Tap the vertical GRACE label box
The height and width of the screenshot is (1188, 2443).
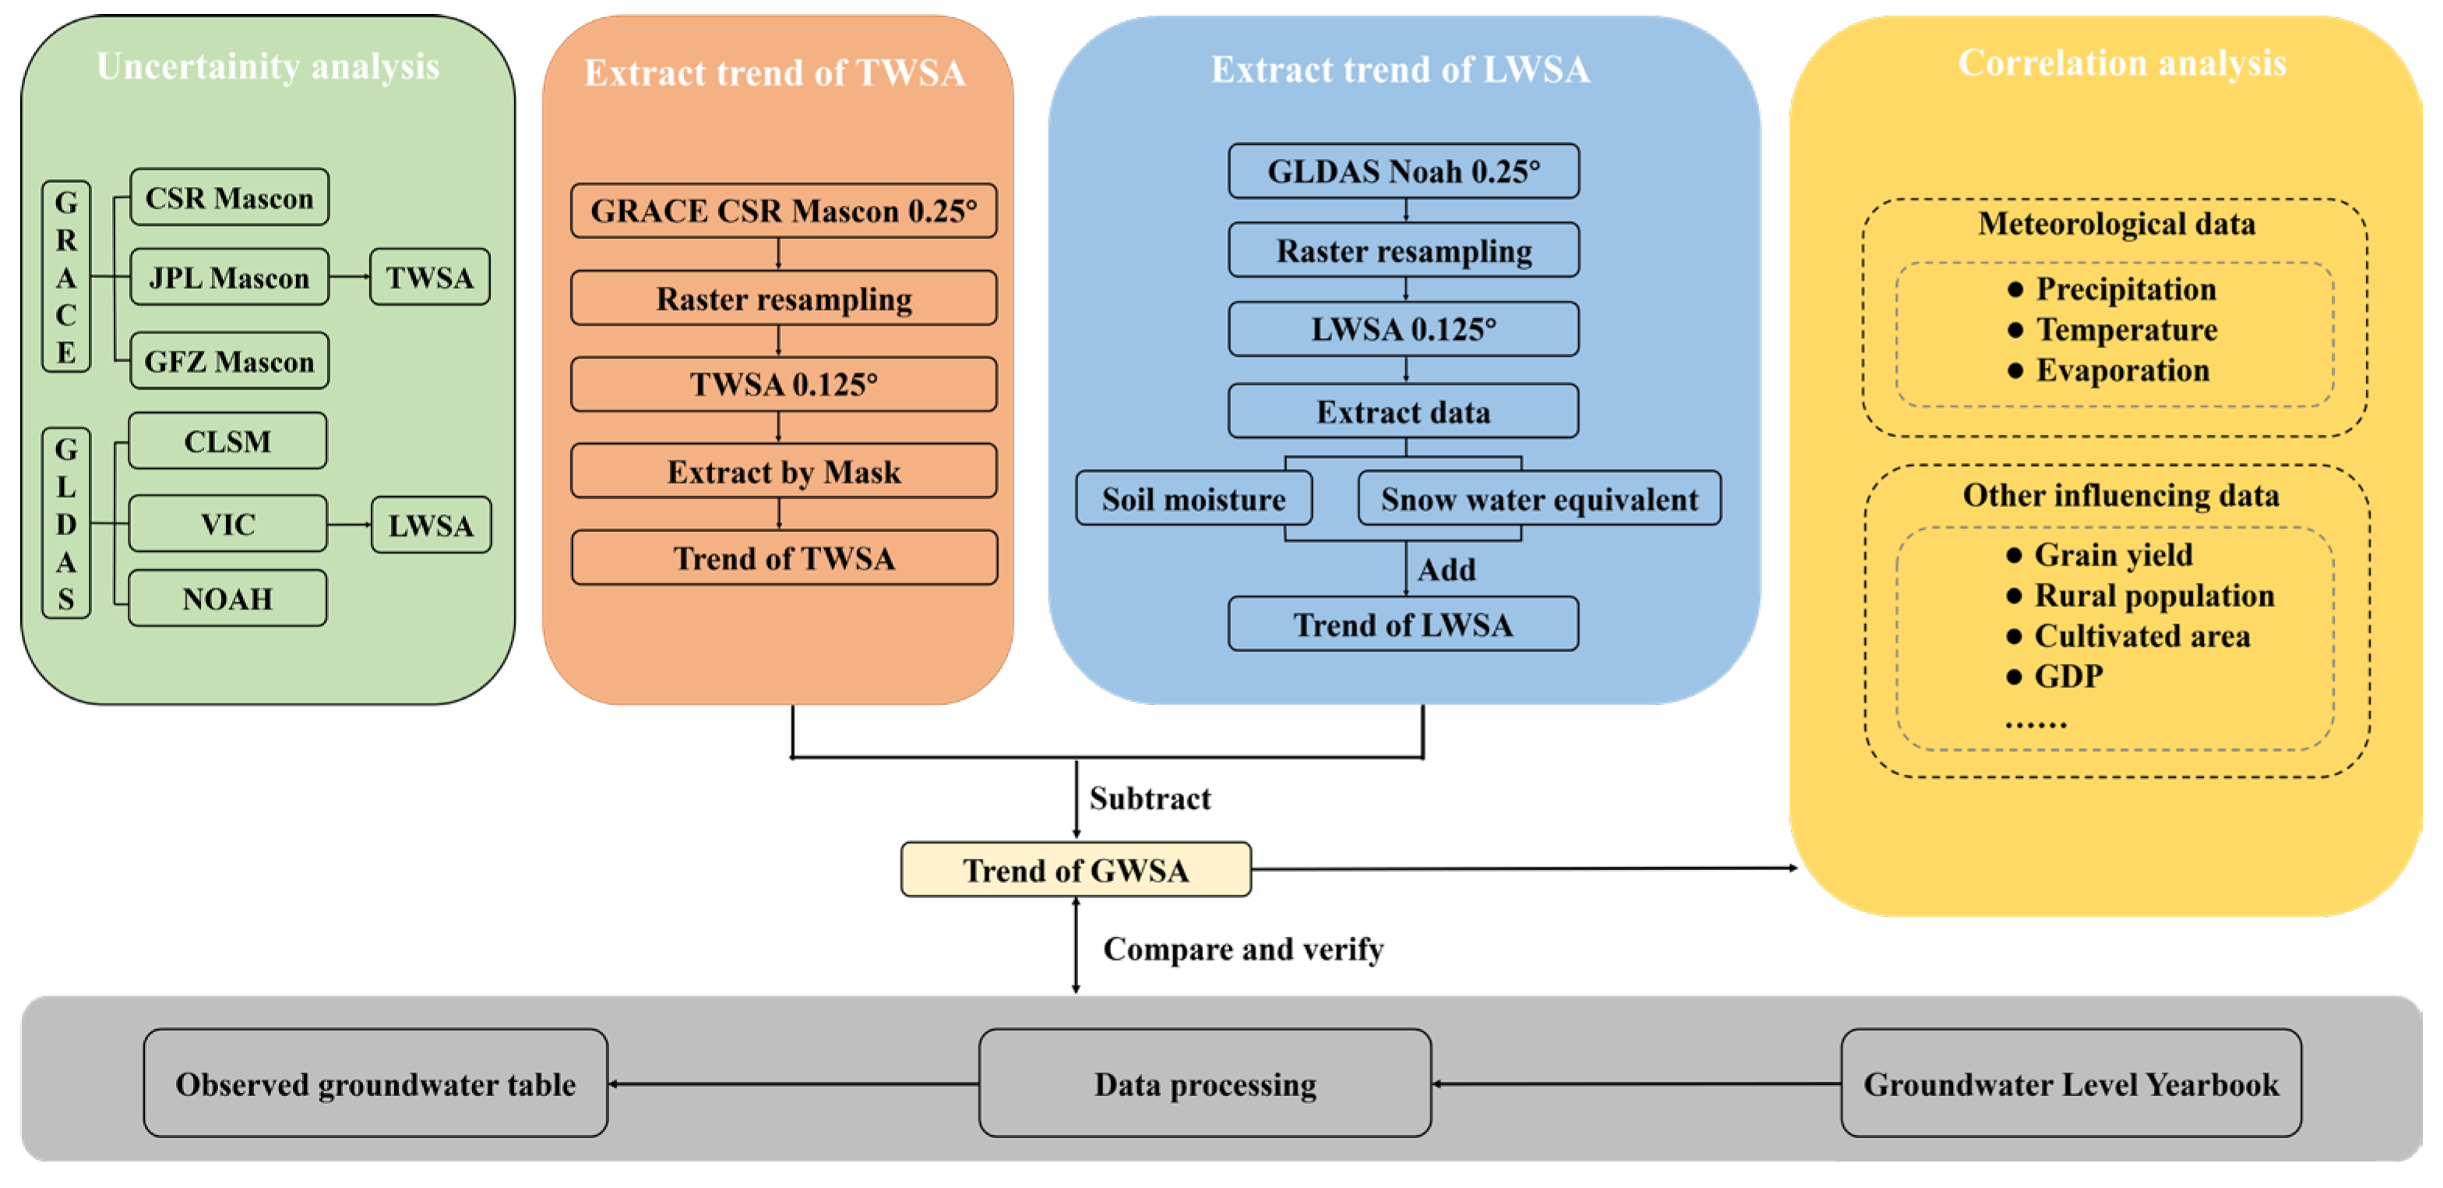(66, 277)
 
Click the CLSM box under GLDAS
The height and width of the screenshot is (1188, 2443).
(227, 441)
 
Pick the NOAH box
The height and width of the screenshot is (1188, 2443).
(227, 598)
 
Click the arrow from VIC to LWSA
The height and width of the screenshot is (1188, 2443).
(349, 524)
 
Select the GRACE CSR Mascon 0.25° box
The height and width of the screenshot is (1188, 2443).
(784, 210)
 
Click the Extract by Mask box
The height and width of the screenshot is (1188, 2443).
(784, 471)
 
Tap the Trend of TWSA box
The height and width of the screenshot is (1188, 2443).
(784, 558)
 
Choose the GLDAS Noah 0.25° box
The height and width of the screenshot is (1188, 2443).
(1404, 171)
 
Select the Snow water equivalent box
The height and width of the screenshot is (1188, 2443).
(1539, 499)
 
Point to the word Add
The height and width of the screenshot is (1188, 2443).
(1447, 569)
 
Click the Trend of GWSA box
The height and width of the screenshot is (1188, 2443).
(1076, 869)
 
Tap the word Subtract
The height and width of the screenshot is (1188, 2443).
(1149, 798)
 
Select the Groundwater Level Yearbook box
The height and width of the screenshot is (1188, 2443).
(2071, 1084)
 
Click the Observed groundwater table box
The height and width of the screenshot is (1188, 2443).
(375, 1084)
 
